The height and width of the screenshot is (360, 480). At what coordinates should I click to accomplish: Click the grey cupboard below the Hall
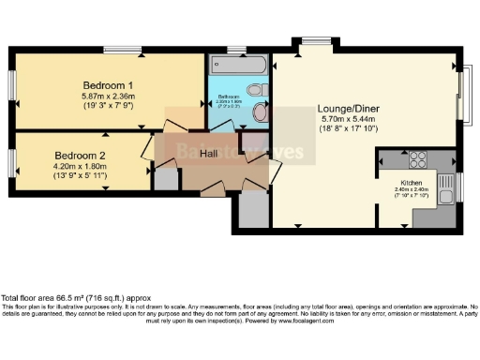point(251,211)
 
